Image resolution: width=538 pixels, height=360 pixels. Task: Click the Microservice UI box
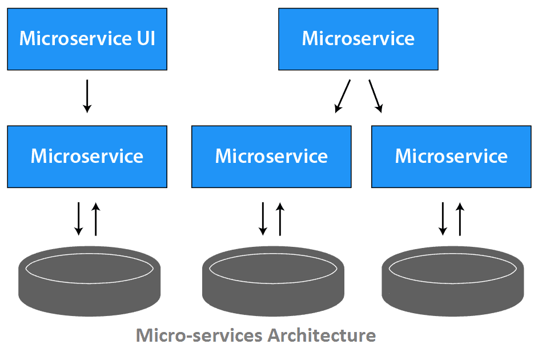click(x=87, y=39)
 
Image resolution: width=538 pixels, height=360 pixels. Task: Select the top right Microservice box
click(x=358, y=39)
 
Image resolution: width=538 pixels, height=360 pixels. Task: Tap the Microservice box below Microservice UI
click(x=87, y=157)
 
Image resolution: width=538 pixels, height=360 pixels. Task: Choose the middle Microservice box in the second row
click(x=271, y=157)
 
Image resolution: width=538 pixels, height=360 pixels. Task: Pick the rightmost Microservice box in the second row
click(x=451, y=157)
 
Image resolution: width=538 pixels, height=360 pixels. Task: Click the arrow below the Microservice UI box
click(x=87, y=95)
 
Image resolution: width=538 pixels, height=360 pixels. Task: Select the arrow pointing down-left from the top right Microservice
click(x=343, y=95)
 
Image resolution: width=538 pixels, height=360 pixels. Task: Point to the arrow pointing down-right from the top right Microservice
click(x=376, y=95)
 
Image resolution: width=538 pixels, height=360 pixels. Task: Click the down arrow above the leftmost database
click(x=79, y=218)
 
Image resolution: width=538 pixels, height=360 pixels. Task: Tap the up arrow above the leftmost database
click(x=95, y=218)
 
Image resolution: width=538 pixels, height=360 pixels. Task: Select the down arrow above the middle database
click(x=263, y=218)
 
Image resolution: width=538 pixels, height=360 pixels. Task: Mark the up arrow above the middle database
click(x=280, y=218)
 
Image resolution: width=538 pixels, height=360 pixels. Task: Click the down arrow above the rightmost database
click(x=443, y=218)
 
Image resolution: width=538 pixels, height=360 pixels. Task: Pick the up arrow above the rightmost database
click(x=459, y=218)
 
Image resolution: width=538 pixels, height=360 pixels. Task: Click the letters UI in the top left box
click(x=145, y=39)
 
